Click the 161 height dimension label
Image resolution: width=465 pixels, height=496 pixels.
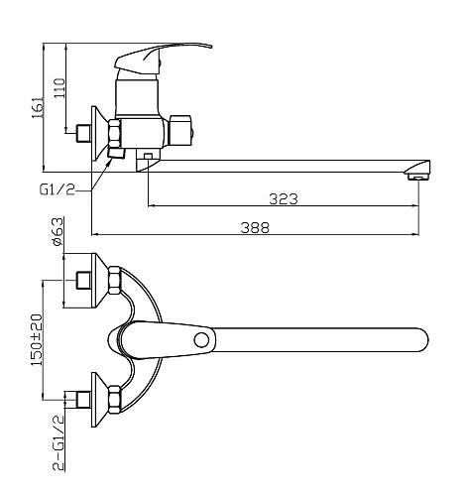coord(38,108)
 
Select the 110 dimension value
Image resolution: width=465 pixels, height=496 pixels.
coord(59,88)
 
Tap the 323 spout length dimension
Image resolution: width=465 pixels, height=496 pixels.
coord(284,199)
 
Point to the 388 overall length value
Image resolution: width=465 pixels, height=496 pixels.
coord(255,227)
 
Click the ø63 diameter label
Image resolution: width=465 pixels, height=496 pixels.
coord(57,232)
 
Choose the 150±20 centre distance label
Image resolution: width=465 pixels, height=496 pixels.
coord(37,340)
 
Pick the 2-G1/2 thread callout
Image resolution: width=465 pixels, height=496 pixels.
coord(58,442)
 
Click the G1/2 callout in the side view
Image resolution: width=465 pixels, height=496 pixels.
coord(58,189)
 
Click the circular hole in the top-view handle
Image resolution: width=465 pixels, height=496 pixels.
coord(201,340)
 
